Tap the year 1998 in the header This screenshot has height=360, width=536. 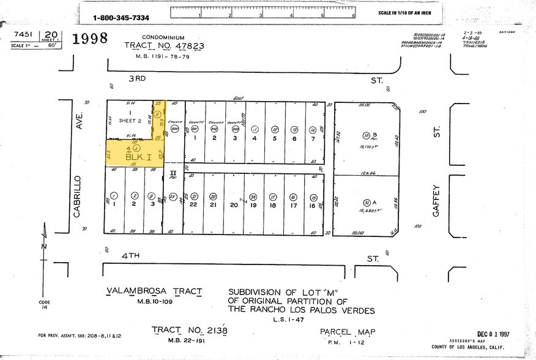point(90,39)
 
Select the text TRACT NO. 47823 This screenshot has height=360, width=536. point(164,46)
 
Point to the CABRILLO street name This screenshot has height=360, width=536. point(78,196)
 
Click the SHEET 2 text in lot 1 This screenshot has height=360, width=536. point(130,121)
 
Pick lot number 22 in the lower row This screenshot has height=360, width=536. point(193,205)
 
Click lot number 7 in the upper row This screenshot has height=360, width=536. point(313,138)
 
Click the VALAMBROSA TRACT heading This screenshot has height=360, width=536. point(154,291)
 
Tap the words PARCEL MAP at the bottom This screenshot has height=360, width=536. point(347,332)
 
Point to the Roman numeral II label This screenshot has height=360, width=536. point(173,173)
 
